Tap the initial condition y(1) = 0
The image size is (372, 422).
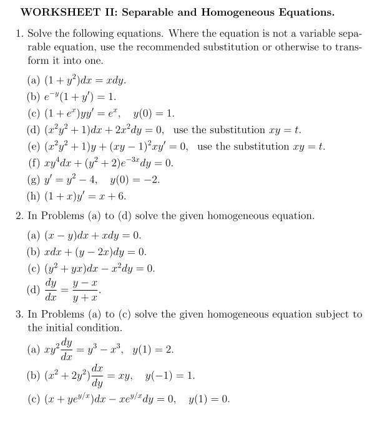click(x=209, y=398)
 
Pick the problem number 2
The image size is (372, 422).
click(x=19, y=216)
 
